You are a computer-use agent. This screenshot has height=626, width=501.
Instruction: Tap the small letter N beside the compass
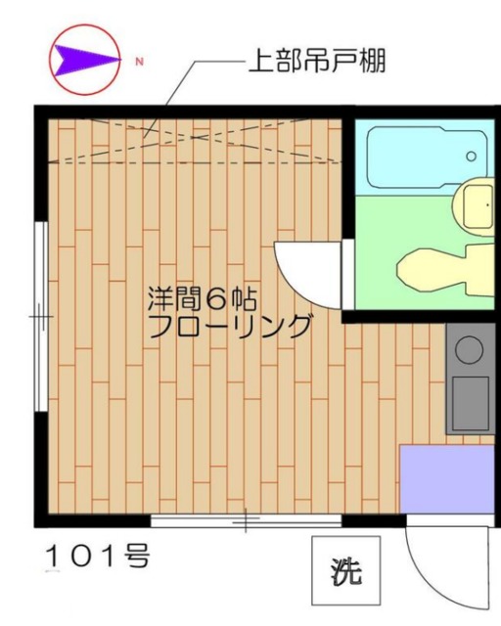139,62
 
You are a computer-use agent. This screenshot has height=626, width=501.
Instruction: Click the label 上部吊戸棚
316,64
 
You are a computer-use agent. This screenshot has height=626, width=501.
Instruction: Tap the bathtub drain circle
471,156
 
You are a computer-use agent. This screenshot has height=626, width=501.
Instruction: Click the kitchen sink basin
471,401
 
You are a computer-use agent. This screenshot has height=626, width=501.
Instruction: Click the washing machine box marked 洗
343,571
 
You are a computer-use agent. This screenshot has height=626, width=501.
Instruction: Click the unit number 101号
98,557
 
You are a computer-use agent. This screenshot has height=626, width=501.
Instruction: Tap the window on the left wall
40,318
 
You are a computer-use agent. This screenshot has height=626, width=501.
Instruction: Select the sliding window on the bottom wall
245,520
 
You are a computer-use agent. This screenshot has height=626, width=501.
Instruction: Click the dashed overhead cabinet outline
196,141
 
